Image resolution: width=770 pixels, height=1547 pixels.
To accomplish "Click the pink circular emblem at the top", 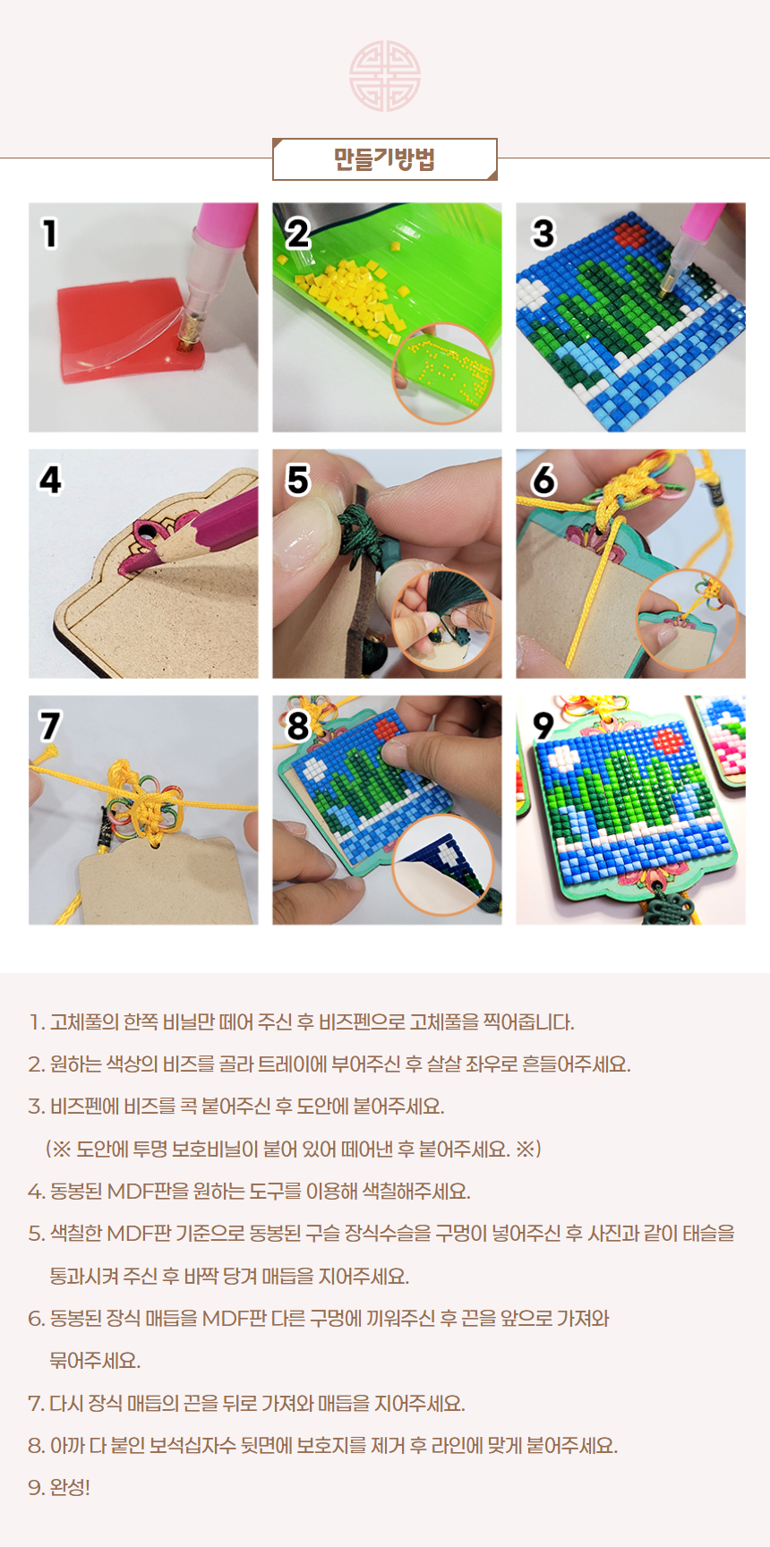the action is coord(385,76).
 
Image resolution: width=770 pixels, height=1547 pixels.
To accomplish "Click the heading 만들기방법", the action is coord(384,159).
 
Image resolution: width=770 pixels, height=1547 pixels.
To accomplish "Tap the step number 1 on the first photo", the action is coord(50,234).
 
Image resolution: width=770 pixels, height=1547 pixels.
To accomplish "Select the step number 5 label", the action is coord(297,480).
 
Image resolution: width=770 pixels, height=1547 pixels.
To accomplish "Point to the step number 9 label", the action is coord(543,726).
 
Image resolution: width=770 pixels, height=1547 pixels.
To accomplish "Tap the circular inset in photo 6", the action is coord(688,619).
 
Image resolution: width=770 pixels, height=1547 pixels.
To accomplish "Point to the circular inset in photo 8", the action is coord(444,865).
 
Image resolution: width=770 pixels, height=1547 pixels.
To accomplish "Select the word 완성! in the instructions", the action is coord(70,1487).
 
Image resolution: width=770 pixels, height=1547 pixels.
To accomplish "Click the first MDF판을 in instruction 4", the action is coord(141,1192).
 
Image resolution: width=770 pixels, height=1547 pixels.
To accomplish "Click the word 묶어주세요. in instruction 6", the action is coord(95,1361).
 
